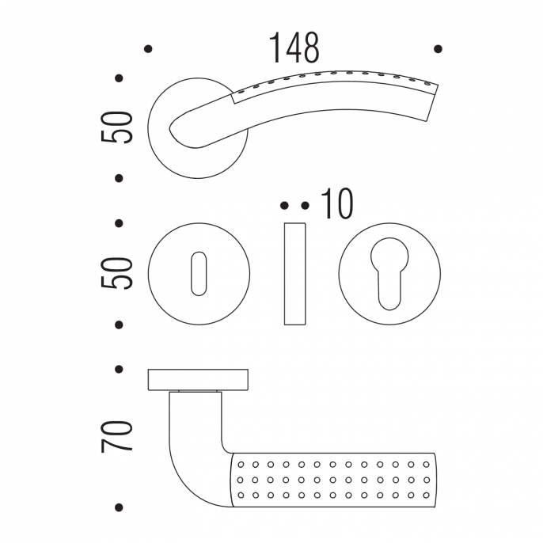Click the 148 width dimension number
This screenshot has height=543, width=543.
coord(294,47)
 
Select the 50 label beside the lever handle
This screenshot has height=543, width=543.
coord(116,127)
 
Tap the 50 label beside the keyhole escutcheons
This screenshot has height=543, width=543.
coord(116,273)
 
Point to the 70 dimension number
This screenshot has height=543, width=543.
coord(116,436)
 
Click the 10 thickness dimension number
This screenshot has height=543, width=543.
coord(337,204)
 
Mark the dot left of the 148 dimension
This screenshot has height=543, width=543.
coord(148,49)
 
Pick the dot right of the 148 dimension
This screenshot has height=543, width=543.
coord(438,49)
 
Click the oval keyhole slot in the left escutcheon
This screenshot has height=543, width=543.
coord(199,274)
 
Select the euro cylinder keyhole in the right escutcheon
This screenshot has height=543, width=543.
coord(389,274)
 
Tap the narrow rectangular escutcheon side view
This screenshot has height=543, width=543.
coord(294,274)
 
